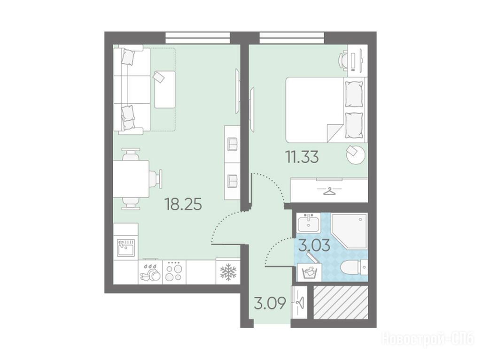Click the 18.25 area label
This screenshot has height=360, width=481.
pos(183,204)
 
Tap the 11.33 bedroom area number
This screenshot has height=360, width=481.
pos(302,157)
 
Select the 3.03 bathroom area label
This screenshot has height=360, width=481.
pos(315,245)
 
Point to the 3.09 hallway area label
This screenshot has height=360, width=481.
pos(270,303)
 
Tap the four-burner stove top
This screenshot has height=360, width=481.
pos(174,272)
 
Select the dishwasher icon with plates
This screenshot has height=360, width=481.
pos(150,272)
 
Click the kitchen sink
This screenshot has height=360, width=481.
pos(126,248)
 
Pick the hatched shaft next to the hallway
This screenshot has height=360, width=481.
pos(341,302)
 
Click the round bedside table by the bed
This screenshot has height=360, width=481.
pos(356,154)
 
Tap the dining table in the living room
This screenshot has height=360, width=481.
pos(131,179)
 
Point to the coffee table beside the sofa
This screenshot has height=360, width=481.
pos(165,89)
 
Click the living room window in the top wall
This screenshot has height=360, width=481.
pos(198,38)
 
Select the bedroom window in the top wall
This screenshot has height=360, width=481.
pos(292,38)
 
